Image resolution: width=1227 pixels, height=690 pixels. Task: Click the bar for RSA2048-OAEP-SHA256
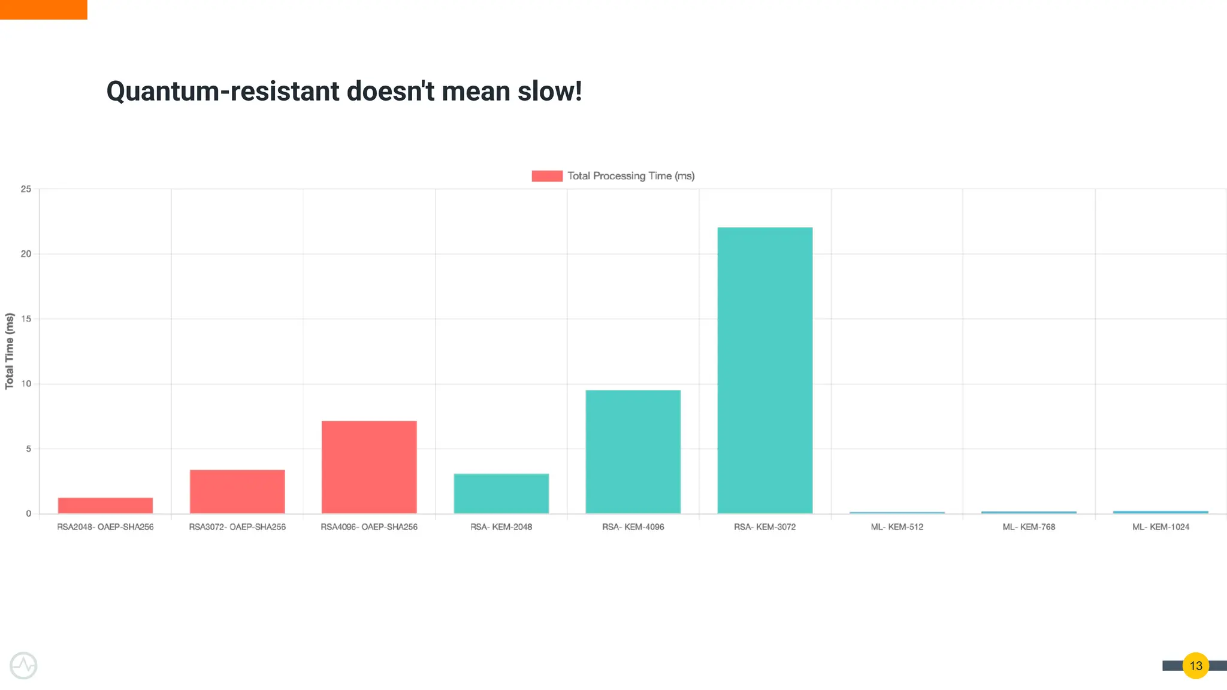105,506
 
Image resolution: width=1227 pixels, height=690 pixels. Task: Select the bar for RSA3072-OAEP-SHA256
237,491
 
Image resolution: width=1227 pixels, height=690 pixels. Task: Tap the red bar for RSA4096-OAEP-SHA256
369,467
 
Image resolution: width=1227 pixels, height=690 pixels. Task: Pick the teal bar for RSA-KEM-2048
501,494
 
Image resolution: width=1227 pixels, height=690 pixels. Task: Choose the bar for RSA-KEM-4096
633,452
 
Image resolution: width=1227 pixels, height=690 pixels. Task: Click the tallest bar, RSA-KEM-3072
765,370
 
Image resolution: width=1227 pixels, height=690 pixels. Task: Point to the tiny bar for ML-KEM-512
897,513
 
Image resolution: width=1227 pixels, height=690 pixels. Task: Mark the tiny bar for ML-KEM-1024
1160,512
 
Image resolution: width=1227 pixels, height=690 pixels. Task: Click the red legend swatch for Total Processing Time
547,176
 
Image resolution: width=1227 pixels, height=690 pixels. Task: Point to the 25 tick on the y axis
26,189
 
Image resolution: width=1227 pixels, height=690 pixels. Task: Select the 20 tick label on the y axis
26,254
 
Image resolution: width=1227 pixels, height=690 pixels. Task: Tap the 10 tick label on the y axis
26,384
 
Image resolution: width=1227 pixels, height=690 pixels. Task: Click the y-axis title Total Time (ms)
10,351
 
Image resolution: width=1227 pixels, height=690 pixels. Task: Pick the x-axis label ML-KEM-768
1029,527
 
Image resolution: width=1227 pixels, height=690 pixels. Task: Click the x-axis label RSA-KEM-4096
633,527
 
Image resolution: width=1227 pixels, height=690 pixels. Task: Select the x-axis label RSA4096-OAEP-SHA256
369,527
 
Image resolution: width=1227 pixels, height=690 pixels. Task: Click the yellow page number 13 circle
1196,665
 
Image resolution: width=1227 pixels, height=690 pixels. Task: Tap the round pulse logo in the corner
23,665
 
